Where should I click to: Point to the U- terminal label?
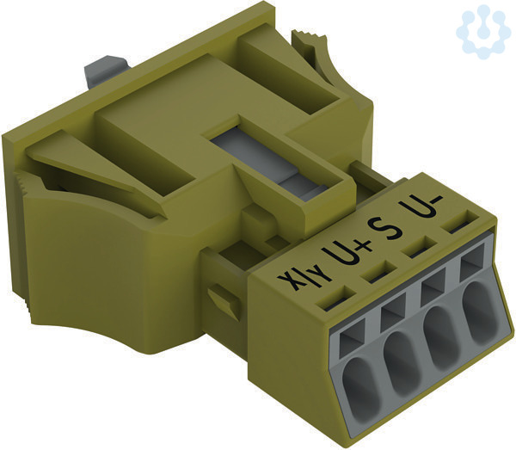point(422,207)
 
